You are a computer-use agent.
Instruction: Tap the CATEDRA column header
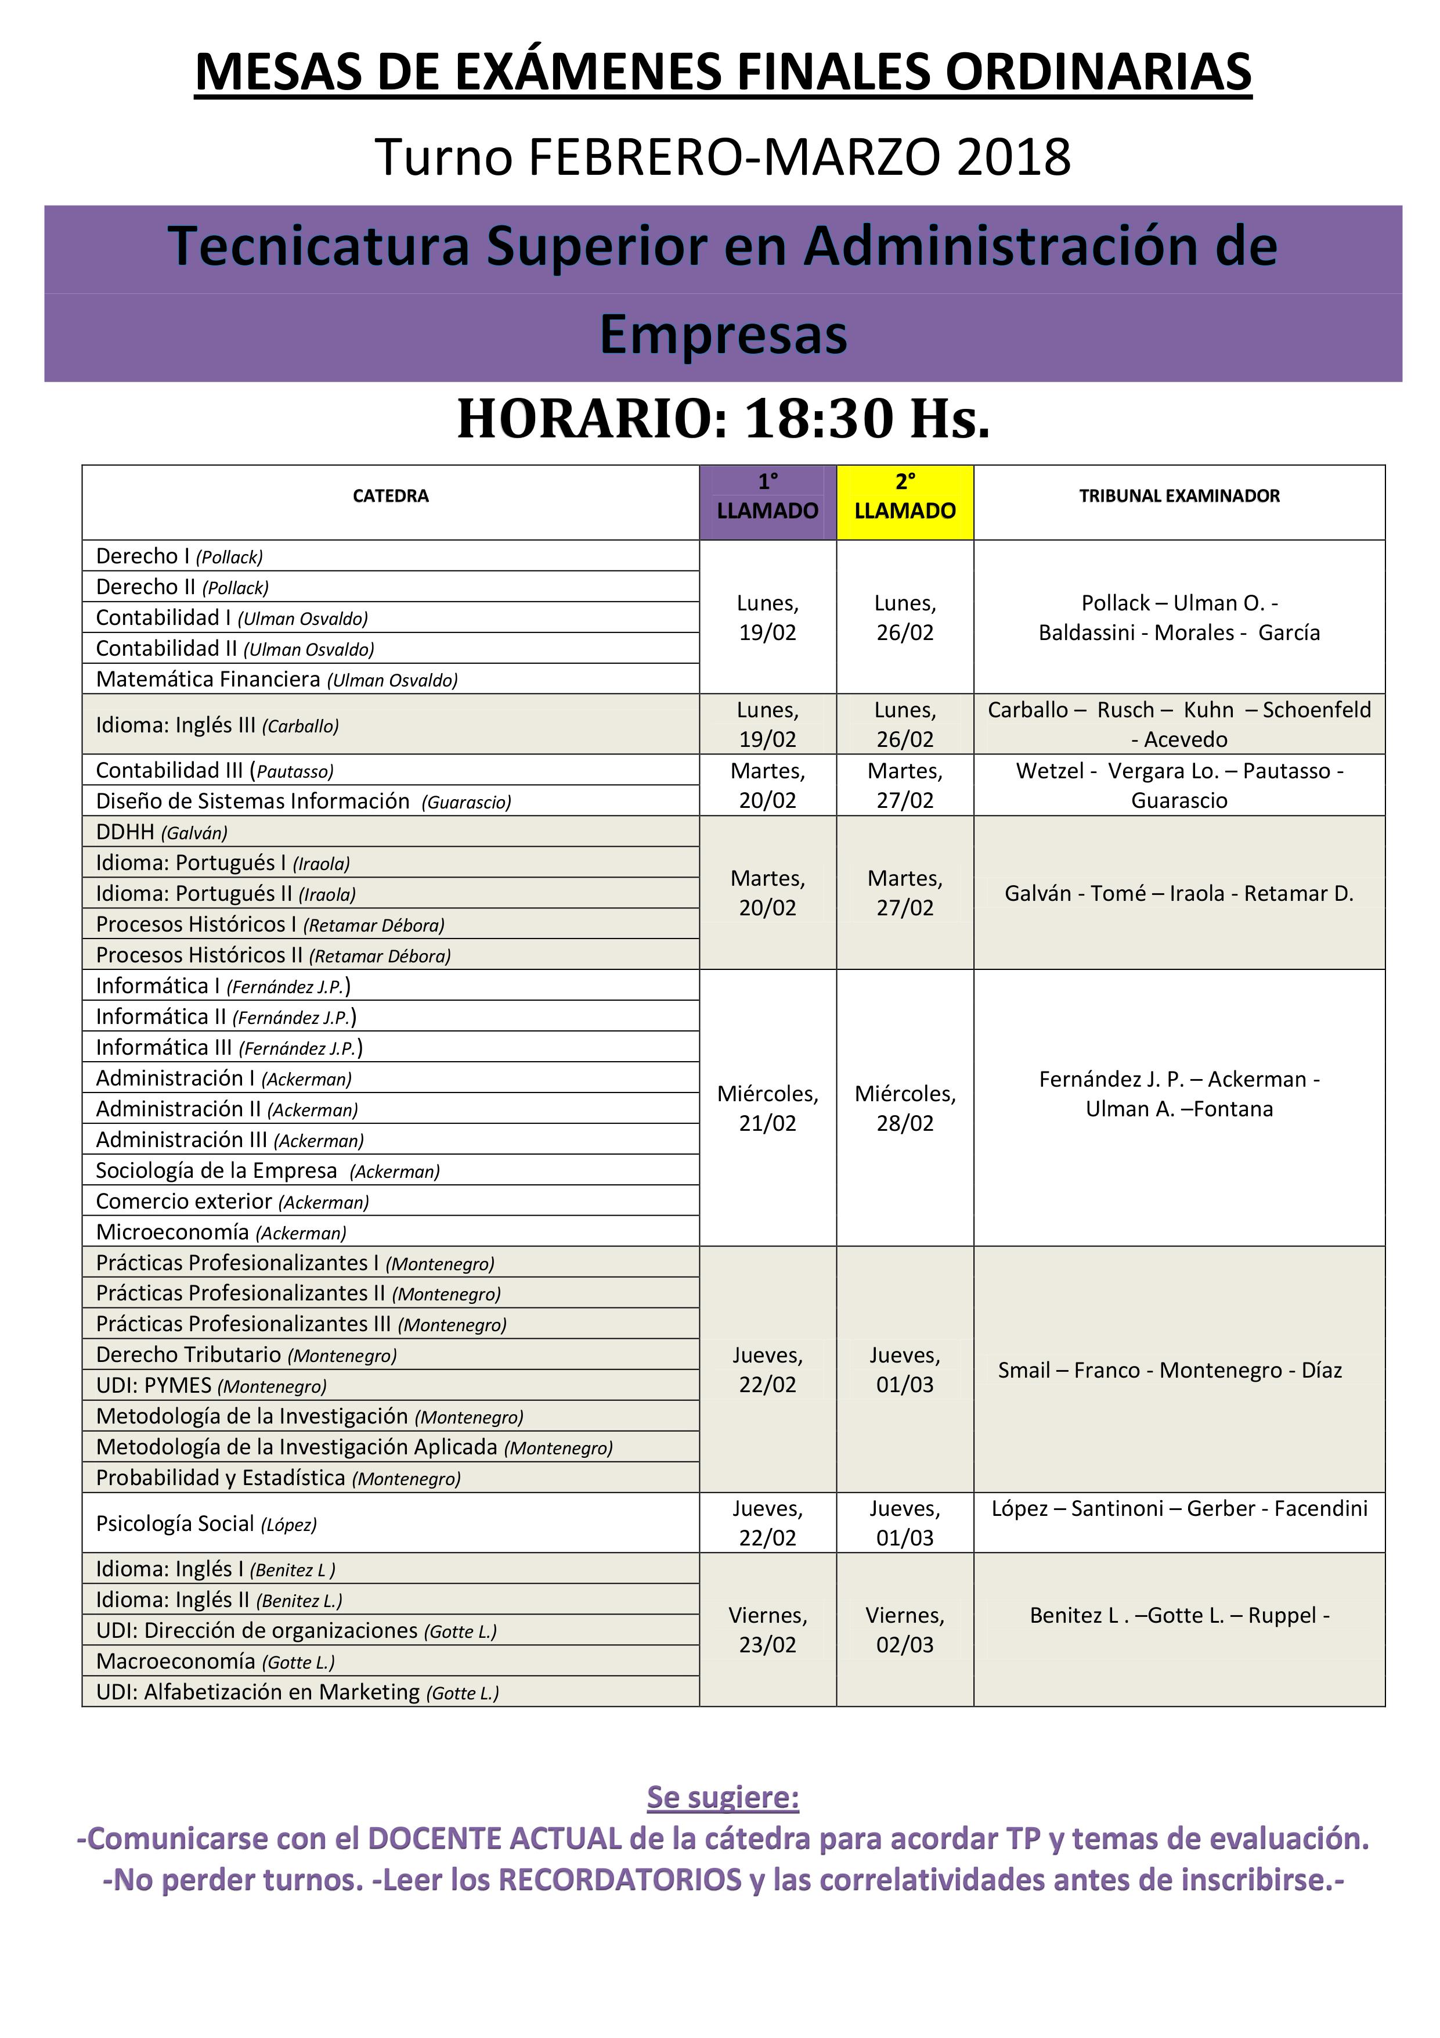tap(391, 496)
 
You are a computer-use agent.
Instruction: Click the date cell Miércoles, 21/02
tap(767, 1108)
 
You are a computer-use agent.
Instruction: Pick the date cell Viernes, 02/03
tap(904, 1630)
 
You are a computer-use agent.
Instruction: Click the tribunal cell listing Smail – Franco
tap(1170, 1370)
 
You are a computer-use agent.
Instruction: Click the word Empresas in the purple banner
tap(723, 335)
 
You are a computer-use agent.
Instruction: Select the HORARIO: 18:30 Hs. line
tap(723, 418)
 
